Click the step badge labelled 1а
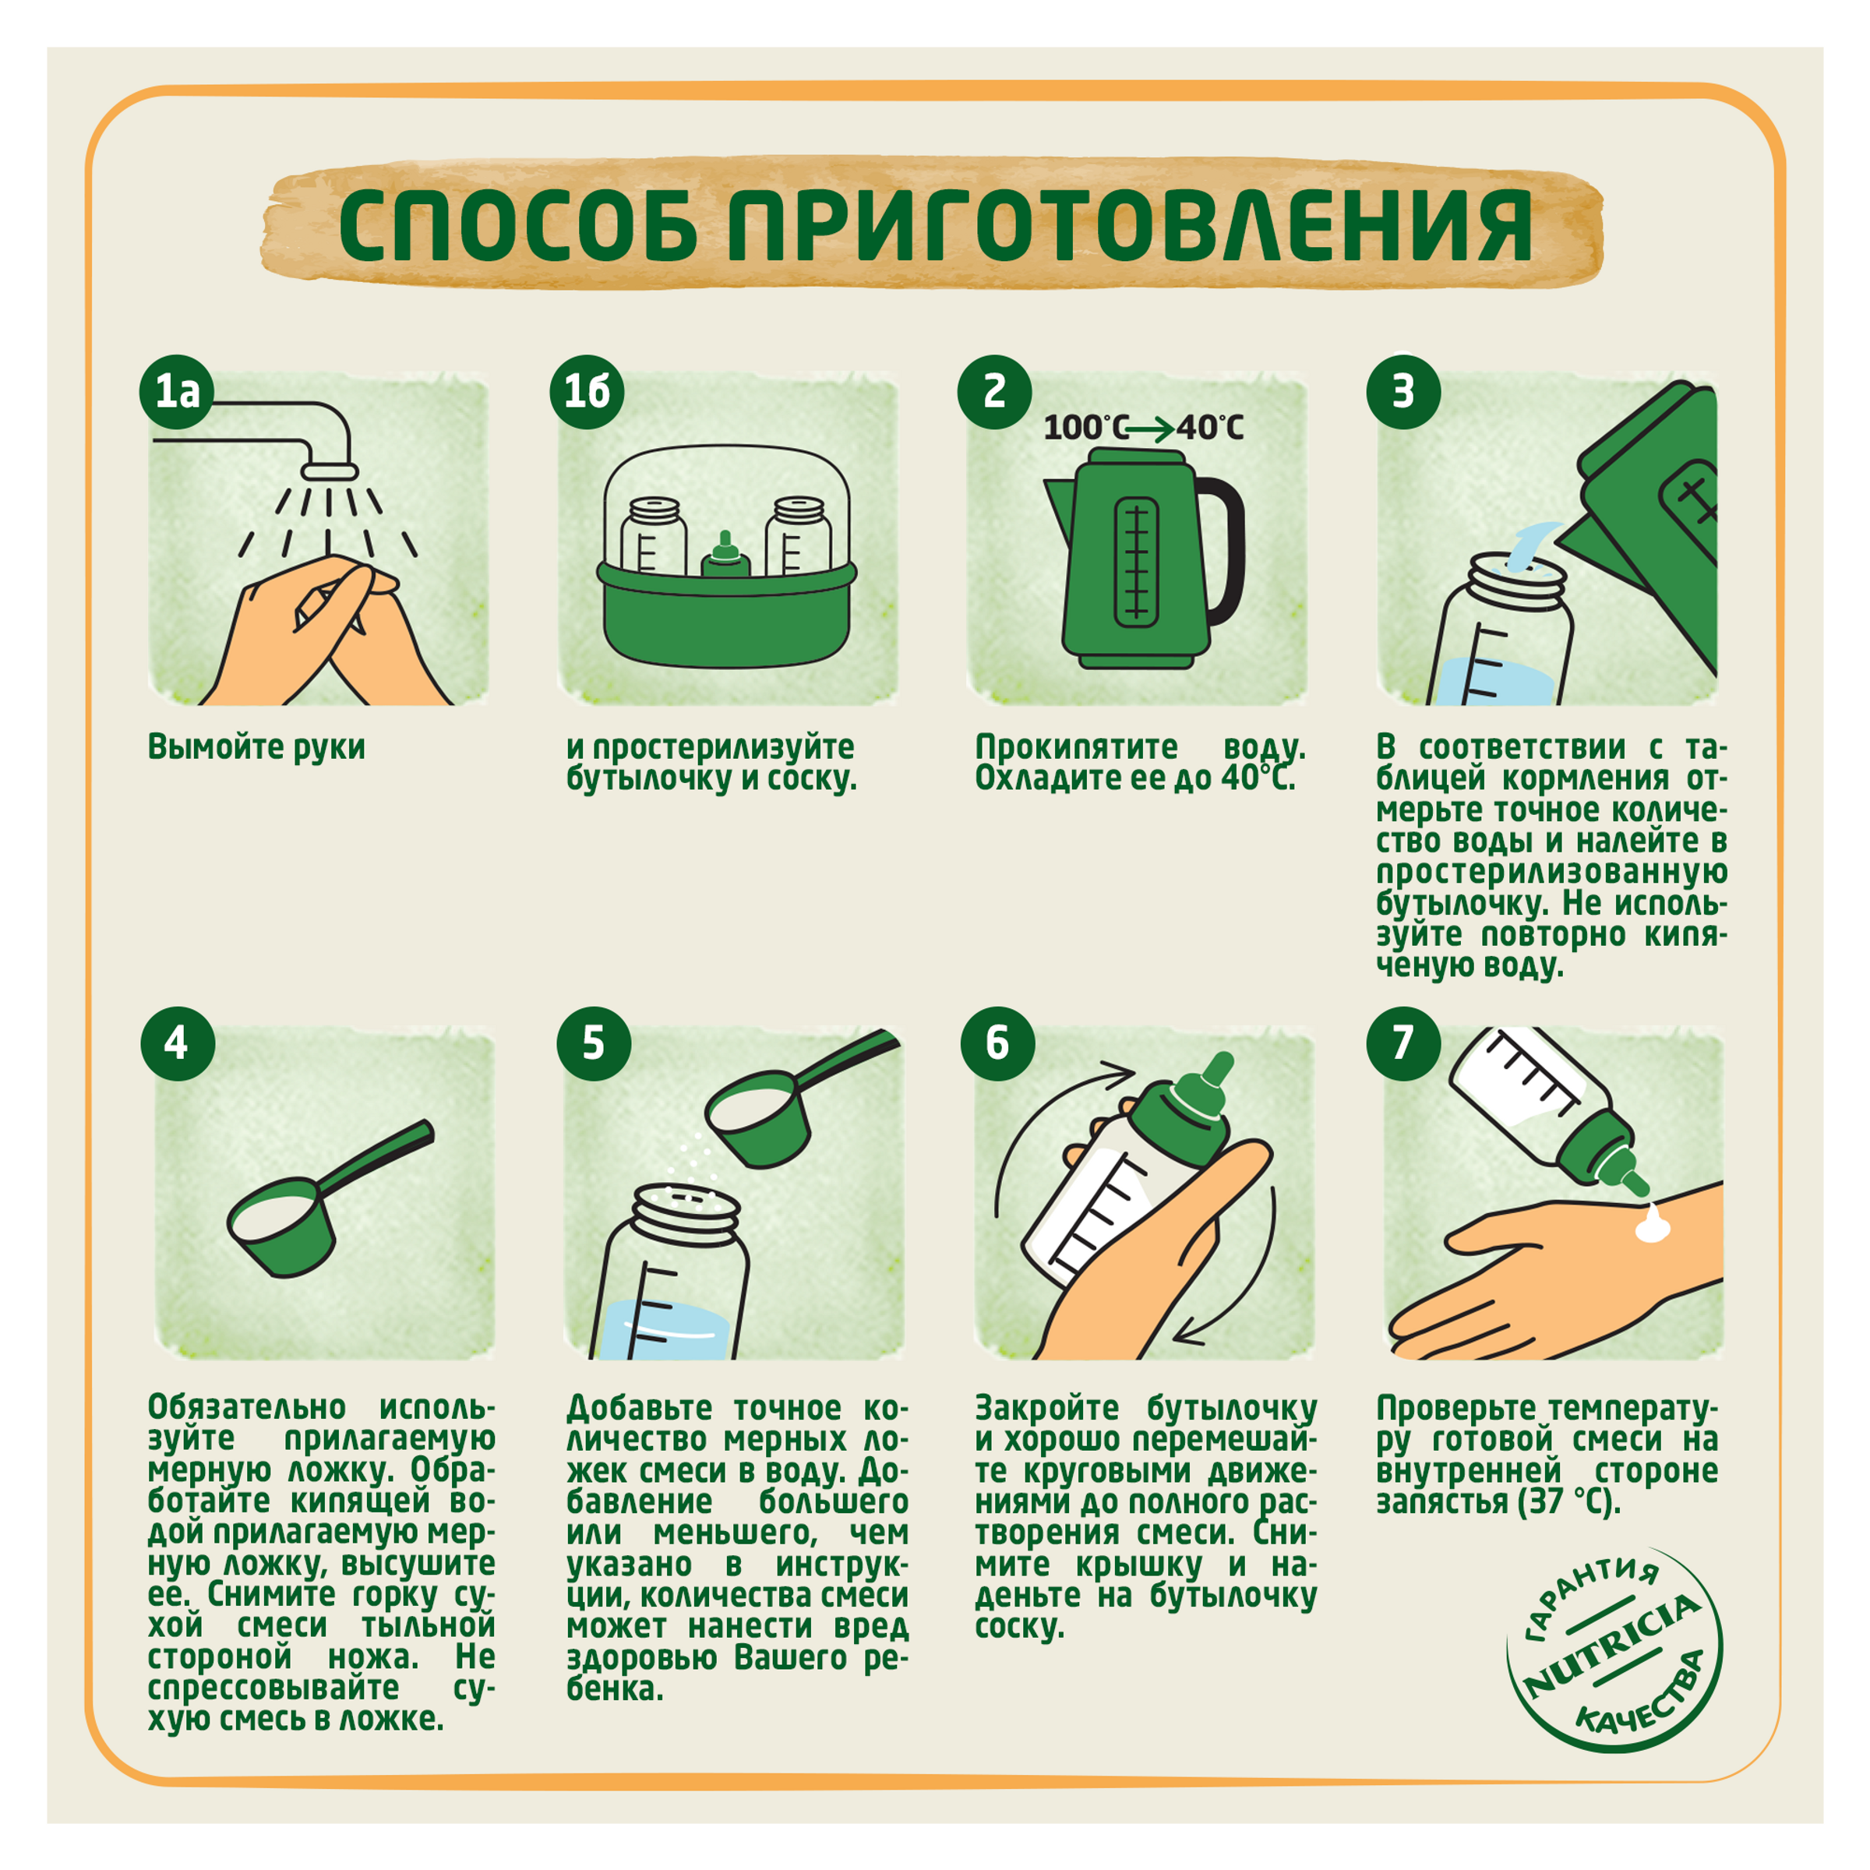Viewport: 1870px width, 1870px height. click(x=177, y=392)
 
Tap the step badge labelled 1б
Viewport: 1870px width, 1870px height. click(x=587, y=392)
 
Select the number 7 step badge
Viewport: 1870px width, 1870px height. click(x=1403, y=1043)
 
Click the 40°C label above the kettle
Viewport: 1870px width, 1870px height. click(x=1210, y=427)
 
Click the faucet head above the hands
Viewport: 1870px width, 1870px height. click(x=329, y=471)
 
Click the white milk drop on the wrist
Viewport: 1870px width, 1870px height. click(x=1652, y=1227)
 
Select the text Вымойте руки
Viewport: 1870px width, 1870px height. click(x=256, y=747)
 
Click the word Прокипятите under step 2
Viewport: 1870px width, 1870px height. click(x=1076, y=747)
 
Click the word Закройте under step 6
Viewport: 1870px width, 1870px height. click(x=1046, y=1408)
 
